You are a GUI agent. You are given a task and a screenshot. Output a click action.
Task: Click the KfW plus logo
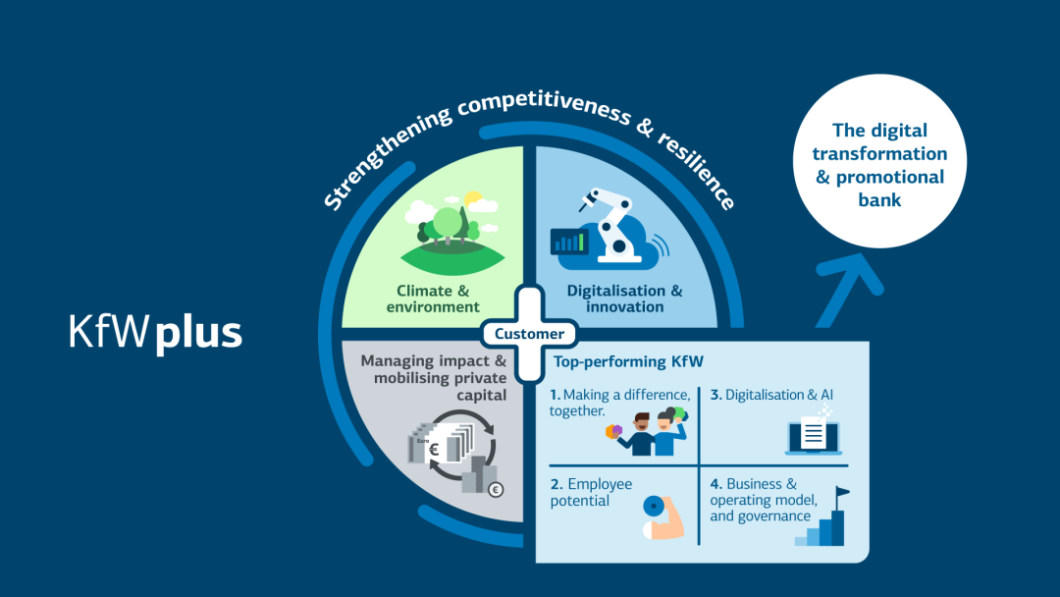tap(155, 333)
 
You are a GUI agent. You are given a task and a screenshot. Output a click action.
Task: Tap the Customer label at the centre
tap(529, 334)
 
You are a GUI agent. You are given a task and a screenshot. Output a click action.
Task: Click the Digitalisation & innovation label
tap(624, 298)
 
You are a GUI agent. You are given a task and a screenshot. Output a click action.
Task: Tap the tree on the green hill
tap(448, 223)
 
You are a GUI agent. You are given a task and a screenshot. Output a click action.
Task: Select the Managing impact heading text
tap(433, 377)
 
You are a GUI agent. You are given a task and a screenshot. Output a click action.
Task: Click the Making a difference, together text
tap(619, 403)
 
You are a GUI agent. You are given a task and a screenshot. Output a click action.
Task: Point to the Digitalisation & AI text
tap(772, 395)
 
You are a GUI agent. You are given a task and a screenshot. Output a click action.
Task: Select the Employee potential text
tap(591, 492)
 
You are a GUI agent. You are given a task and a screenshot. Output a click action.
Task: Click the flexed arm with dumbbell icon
tap(663, 516)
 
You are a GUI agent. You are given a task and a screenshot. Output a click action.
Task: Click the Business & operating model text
tap(760, 500)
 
